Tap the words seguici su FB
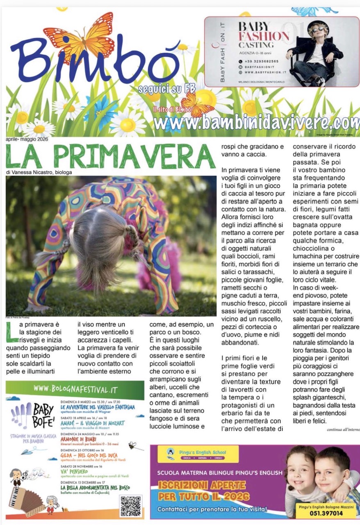[x=167, y=88]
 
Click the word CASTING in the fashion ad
[x=256, y=45]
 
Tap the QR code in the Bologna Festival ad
[x=131, y=505]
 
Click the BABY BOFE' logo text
[x=43, y=414]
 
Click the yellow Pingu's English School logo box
[x=198, y=454]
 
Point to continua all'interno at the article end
[x=343, y=429]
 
